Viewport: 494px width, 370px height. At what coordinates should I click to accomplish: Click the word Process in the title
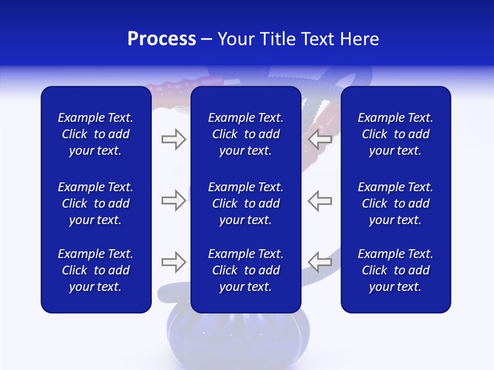click(x=162, y=39)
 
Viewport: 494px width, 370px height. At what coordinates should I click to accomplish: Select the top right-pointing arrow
click(x=173, y=139)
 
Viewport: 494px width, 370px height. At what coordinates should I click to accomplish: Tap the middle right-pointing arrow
click(x=173, y=200)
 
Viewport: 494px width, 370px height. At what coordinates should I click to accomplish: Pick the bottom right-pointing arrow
click(x=173, y=262)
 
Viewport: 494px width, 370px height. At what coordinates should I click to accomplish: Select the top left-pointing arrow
click(x=320, y=139)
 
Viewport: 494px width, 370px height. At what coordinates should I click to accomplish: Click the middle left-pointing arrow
click(x=320, y=200)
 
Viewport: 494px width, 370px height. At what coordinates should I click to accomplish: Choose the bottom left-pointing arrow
click(x=320, y=262)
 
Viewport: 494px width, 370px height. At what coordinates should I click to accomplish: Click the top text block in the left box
click(x=96, y=134)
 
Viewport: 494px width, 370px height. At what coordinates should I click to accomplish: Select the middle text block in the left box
click(x=96, y=203)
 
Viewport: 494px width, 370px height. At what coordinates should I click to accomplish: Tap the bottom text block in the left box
click(x=96, y=270)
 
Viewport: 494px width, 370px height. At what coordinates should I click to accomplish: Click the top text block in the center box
click(x=245, y=134)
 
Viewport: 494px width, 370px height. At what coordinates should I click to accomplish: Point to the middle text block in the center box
click(x=245, y=203)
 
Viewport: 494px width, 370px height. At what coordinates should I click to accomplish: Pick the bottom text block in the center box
click(x=245, y=270)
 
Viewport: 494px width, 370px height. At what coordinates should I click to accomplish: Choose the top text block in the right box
click(x=395, y=134)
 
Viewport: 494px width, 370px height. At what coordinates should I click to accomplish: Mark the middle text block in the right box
click(x=395, y=203)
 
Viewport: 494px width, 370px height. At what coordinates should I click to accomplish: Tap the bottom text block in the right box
click(x=395, y=270)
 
